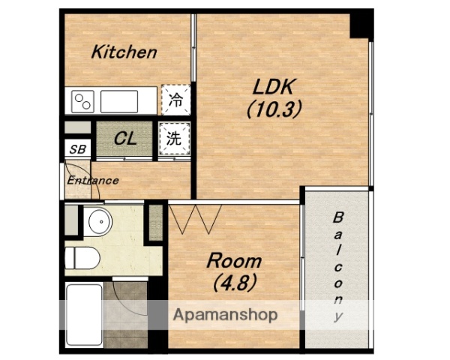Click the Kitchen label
pos(124,52)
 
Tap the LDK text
pos(274,87)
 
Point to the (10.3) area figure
pos(274,110)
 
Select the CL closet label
pos(125,139)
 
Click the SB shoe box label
pos(78,149)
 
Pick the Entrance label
pos(93,181)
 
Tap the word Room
pos(234,261)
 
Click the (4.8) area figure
pos(235,282)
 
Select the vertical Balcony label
pos(338,266)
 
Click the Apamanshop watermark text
pos(226,315)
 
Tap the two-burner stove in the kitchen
pos(82,102)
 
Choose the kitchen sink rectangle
pos(119,102)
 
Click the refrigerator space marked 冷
pos(175,100)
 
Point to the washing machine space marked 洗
pos(175,139)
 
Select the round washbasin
pos(100,222)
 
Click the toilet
pos(82,258)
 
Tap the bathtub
pos(84,315)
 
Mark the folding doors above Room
pos(195,218)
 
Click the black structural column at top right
pos(361,25)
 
